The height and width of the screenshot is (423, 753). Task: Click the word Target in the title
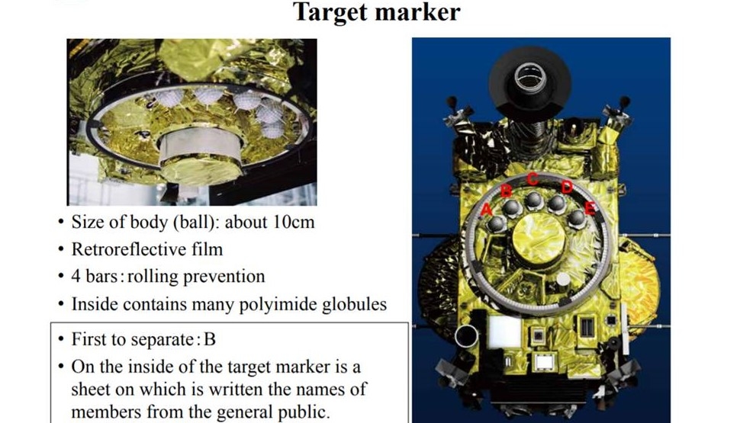tap(331, 12)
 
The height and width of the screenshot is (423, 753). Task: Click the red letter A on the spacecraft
tap(487, 210)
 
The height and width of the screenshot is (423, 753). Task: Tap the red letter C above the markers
tap(533, 178)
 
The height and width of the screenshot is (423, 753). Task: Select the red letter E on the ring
tap(590, 207)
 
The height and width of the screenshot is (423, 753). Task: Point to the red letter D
tap(567, 186)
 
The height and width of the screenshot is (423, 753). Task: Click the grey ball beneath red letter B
tap(512, 207)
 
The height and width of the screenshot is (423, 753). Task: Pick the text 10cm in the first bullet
tap(294, 222)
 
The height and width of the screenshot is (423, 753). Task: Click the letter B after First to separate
tap(209, 340)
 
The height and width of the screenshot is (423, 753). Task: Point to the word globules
tap(355, 305)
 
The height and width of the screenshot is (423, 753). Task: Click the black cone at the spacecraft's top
tap(529, 82)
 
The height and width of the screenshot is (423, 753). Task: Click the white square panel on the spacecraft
tap(505, 332)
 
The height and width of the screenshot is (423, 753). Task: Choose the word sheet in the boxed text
tap(95, 389)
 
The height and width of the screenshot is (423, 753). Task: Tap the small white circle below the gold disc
tap(563, 279)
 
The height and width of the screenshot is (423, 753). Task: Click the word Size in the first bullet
tap(87, 222)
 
